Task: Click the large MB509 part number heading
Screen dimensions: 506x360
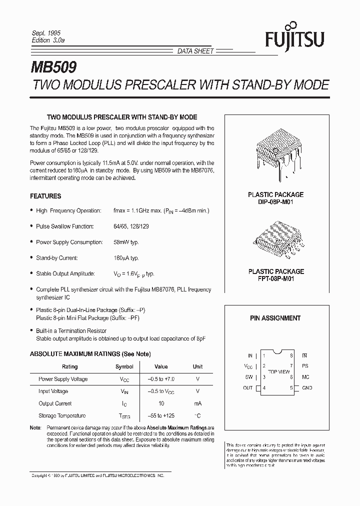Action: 54,66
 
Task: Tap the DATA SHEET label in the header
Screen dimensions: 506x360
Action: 195,51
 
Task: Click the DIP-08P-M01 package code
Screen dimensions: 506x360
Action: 275,201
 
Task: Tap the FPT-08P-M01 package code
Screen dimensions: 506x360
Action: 275,278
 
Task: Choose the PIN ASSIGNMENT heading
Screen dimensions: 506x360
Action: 275,318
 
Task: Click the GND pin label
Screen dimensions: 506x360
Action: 307,388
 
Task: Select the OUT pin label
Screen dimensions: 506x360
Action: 247,388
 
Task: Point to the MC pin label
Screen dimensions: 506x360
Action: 305,377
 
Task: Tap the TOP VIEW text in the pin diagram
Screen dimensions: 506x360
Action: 278,371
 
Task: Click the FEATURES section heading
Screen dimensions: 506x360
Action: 45,196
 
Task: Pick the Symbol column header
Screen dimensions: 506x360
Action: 124,366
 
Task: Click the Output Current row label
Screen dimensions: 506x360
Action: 55,403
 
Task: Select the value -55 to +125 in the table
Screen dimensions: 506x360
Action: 161,416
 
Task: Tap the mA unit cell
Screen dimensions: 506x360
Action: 197,403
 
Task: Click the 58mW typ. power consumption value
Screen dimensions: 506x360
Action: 126,242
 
